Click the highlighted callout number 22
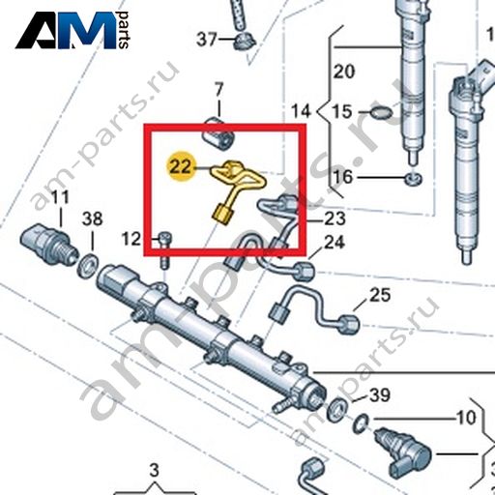(x=182, y=167)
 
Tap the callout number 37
(x=207, y=40)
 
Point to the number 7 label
(x=218, y=90)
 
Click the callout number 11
(x=61, y=197)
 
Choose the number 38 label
(x=92, y=218)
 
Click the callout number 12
(x=131, y=239)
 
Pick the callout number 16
(x=343, y=177)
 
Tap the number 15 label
(x=342, y=112)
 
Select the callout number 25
(x=380, y=295)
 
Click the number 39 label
(x=380, y=394)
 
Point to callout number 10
(x=466, y=418)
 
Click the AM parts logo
(x=73, y=30)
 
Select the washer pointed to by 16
(x=414, y=179)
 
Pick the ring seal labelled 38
(x=88, y=266)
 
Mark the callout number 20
(x=344, y=72)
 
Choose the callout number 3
(x=155, y=470)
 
